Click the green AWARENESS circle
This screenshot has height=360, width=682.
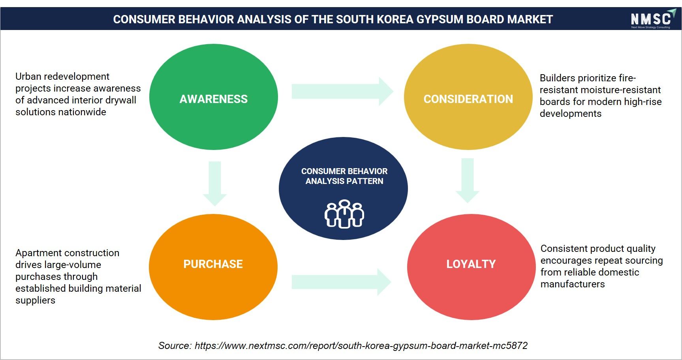tap(213, 97)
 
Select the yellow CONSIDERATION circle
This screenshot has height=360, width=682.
tap(468, 97)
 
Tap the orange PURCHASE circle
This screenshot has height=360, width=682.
tap(213, 267)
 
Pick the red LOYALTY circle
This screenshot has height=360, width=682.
tap(471, 267)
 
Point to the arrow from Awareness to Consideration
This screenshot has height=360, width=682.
tap(342, 91)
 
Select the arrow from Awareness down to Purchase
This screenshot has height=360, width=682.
tap(214, 184)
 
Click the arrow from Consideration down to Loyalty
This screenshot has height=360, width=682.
tap(468, 181)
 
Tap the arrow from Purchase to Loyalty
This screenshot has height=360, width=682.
tap(342, 282)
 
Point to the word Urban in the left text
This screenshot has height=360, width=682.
tap(28, 76)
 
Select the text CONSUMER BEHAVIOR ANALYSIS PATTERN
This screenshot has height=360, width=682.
tap(344, 176)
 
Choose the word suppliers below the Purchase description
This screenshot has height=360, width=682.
tap(35, 301)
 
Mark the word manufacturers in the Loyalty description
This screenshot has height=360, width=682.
tap(573, 284)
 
